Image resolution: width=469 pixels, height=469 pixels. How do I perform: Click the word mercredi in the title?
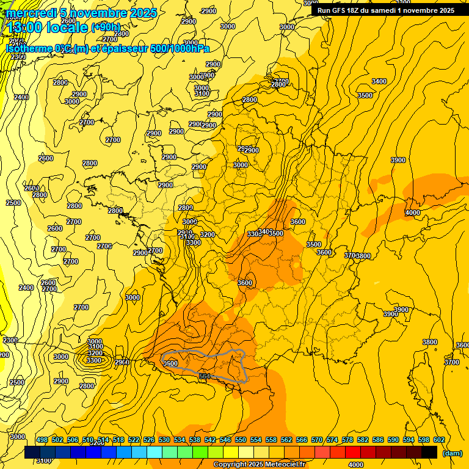(x=30, y=13)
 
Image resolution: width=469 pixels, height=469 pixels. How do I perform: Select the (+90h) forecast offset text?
(x=106, y=27)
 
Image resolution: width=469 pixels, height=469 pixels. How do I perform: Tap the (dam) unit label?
(x=452, y=453)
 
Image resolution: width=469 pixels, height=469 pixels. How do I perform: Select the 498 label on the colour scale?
(x=42, y=440)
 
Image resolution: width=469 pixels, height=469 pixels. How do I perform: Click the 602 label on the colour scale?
(x=439, y=440)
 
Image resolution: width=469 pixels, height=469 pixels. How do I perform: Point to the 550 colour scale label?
(x=241, y=440)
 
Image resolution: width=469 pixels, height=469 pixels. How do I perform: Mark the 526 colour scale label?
(x=149, y=440)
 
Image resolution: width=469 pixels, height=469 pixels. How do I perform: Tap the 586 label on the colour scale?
(x=378, y=440)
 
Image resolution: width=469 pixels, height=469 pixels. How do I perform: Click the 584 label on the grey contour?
(x=205, y=376)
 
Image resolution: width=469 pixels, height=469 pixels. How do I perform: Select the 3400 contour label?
(x=379, y=81)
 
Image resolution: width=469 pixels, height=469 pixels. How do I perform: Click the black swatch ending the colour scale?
(x=429, y=452)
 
